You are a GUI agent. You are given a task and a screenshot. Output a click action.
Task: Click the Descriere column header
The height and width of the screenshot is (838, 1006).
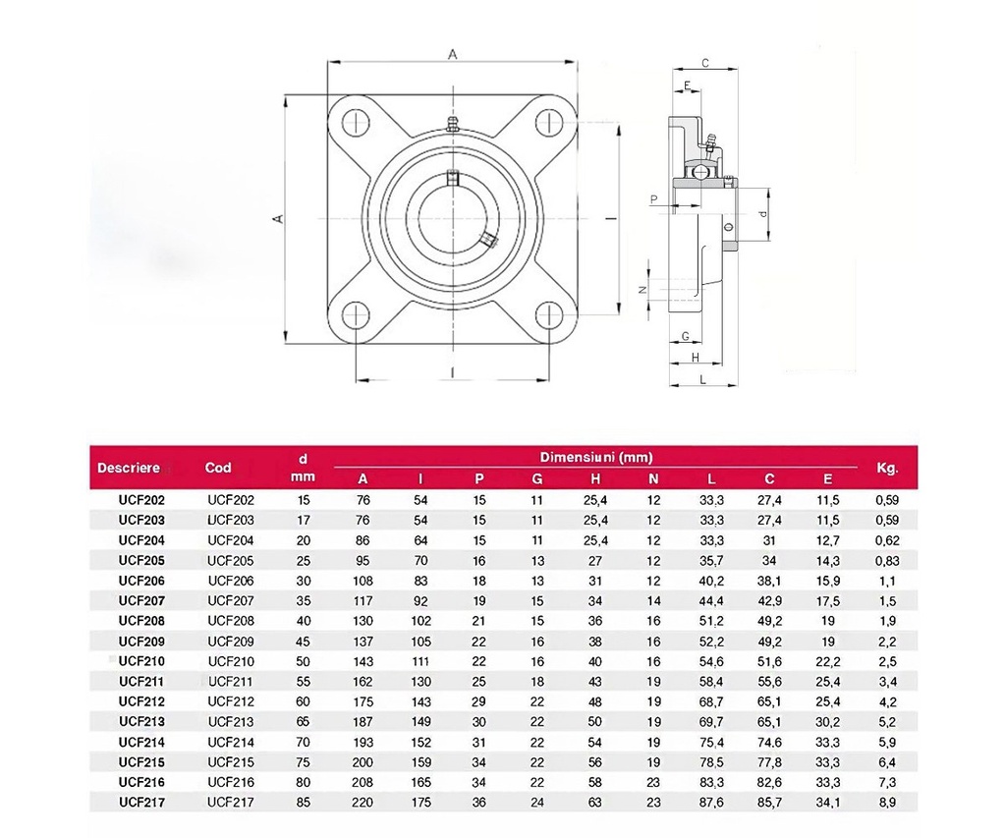tap(129, 468)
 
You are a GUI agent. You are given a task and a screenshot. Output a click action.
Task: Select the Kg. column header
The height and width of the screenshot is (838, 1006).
tap(887, 469)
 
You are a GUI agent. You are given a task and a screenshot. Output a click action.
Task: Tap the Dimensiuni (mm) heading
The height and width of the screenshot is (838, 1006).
tap(596, 458)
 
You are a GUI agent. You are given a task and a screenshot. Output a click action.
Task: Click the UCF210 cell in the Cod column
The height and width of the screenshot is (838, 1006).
tap(231, 661)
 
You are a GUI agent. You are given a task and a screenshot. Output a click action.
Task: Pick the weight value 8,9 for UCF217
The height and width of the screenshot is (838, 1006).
tap(887, 802)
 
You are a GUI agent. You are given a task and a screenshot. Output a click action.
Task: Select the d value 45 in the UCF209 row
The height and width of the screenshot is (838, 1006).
tap(303, 642)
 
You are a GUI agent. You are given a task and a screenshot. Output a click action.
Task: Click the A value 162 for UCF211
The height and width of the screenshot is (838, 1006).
tap(363, 682)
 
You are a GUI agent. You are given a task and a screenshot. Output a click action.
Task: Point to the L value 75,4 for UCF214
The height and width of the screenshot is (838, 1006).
tap(711, 743)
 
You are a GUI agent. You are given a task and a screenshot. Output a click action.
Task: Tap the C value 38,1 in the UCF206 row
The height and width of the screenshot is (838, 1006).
tap(769, 581)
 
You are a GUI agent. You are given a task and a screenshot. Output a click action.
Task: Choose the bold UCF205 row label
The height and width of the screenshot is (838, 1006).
tap(141, 560)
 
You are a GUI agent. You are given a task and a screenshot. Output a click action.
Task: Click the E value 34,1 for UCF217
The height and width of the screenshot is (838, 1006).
tap(827, 802)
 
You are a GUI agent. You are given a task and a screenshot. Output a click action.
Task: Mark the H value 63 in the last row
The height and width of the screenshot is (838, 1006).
tap(595, 802)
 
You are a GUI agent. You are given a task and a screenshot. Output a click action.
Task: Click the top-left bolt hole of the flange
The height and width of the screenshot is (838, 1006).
tap(356, 122)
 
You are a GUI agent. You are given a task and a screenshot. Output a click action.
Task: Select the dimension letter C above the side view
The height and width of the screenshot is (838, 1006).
tap(705, 63)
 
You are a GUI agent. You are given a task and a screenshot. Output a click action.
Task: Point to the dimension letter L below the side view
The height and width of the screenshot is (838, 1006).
tap(703, 379)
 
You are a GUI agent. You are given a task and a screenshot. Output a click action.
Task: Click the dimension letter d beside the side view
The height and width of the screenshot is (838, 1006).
tap(762, 213)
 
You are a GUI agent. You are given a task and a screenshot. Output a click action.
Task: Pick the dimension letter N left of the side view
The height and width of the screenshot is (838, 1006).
tap(643, 290)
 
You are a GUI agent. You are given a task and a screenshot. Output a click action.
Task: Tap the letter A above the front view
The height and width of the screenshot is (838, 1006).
tap(452, 55)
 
